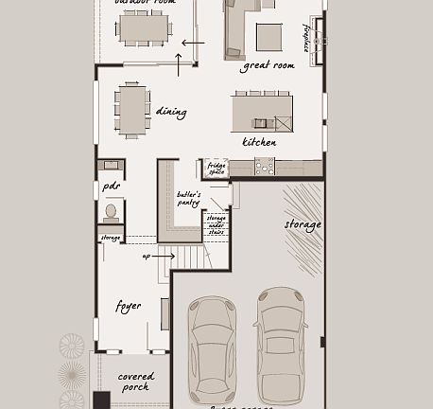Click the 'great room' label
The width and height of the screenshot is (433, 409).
click(x=268, y=65)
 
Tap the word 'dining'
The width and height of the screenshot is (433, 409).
click(x=171, y=112)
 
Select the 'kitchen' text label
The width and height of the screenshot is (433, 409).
click(x=259, y=142)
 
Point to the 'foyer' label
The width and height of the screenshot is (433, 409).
click(x=129, y=306)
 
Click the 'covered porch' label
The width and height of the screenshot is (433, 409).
click(x=136, y=382)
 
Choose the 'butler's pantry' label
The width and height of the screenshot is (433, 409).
click(x=188, y=198)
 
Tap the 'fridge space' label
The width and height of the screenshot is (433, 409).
click(x=216, y=169)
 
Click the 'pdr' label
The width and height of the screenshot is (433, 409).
click(x=111, y=187)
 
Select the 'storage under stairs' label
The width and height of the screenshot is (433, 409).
click(x=216, y=223)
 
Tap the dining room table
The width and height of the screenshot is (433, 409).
click(x=132, y=109)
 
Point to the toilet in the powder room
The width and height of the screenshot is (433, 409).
click(x=111, y=211)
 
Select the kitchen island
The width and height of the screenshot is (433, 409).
click(x=262, y=113)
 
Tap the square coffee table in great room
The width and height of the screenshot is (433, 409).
click(x=268, y=36)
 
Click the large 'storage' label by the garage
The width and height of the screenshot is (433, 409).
click(x=303, y=224)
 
